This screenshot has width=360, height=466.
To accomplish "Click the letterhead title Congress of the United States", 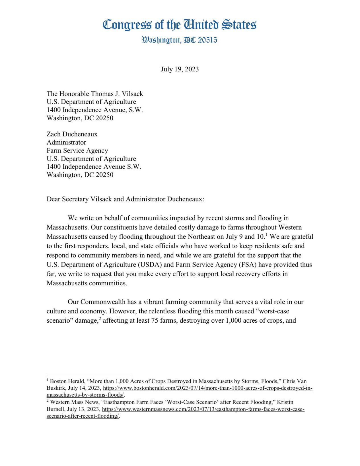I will (179, 24).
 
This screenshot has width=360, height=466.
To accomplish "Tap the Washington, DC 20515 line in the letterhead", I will (179, 40).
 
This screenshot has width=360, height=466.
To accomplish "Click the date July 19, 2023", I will (180, 69).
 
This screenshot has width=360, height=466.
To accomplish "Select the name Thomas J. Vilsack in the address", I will (117, 94).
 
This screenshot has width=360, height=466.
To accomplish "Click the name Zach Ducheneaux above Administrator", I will (72, 134).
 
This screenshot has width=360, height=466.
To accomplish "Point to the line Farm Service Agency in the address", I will (77, 150).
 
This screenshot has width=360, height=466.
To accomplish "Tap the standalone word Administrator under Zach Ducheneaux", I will (66, 142).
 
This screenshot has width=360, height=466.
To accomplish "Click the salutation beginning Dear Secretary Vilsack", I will (125, 199).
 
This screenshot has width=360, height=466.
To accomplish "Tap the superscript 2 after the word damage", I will (100, 318).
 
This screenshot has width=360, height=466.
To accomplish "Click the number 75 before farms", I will (155, 320).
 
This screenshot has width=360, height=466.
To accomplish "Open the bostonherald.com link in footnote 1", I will (207, 388).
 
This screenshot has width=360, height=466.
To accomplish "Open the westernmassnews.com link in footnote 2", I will (203, 409).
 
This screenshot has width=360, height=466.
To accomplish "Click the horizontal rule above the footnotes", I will (89, 375).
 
